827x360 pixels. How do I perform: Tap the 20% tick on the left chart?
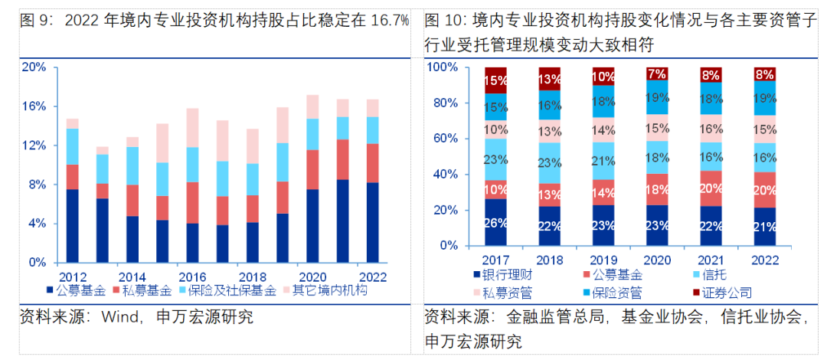tap(34, 67)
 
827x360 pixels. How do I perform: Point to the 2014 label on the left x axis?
tap(132, 277)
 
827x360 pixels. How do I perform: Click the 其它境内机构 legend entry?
tap(330, 290)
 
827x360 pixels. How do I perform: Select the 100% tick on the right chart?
tap(442, 67)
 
